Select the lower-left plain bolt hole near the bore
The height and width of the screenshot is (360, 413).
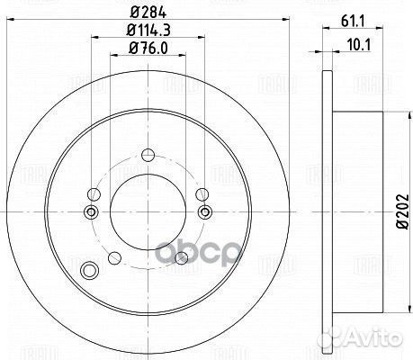(x=112, y=257)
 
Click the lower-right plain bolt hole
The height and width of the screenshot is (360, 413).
(x=181, y=257)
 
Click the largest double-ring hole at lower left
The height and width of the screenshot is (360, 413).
(x=88, y=271)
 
